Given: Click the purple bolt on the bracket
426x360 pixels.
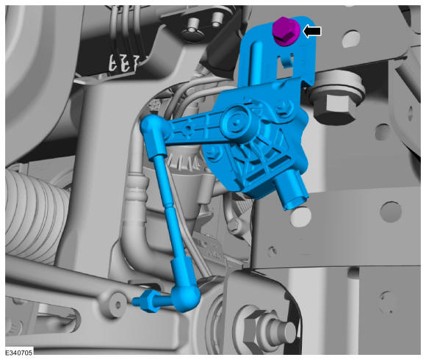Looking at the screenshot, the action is pyautogui.click(x=286, y=32).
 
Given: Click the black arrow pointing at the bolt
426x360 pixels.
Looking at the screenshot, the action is pyautogui.click(x=312, y=32).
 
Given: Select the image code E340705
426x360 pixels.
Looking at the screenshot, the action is pyautogui.click(x=19, y=353).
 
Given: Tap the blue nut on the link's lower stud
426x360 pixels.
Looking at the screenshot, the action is pyautogui.click(x=149, y=301).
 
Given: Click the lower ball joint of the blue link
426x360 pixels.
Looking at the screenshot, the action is pyautogui.click(x=186, y=298).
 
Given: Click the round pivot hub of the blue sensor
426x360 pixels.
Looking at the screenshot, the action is pyautogui.click(x=236, y=120).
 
